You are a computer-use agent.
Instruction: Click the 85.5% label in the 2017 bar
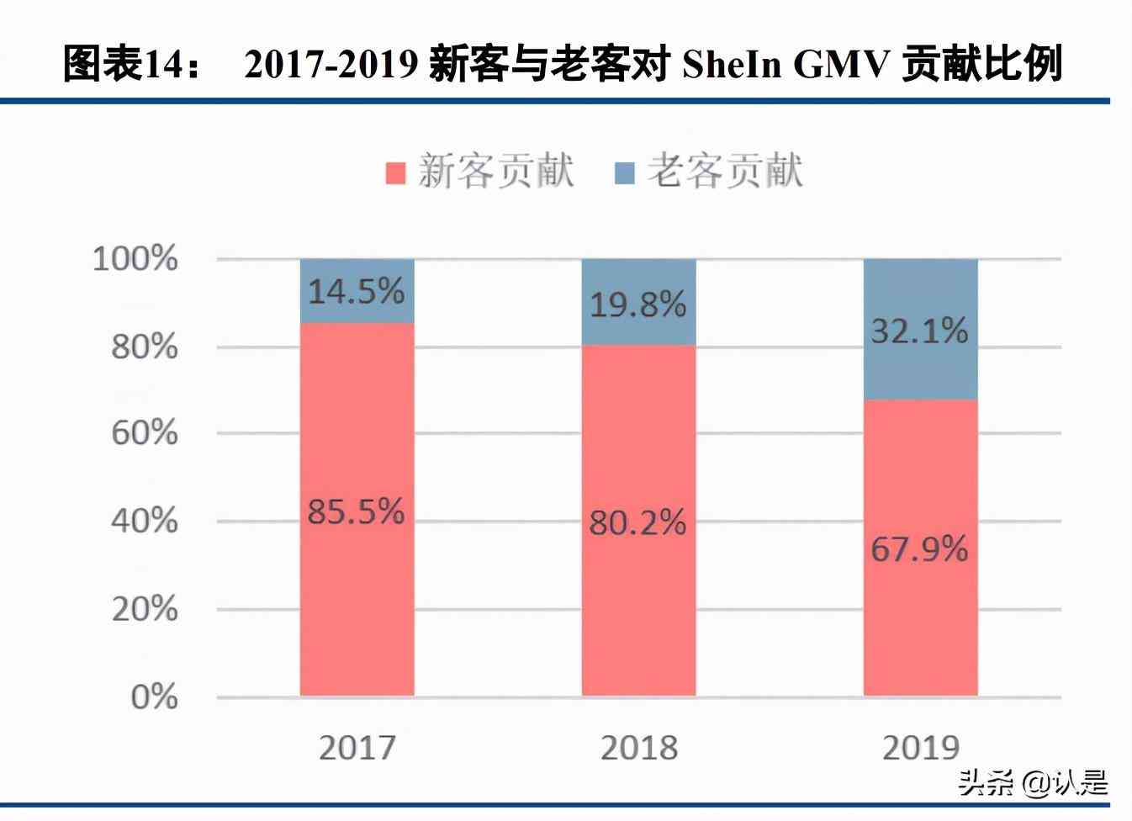click(356, 511)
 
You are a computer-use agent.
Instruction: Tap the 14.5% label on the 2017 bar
click(356, 292)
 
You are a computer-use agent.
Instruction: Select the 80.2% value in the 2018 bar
click(637, 523)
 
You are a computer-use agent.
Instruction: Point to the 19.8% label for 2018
click(637, 304)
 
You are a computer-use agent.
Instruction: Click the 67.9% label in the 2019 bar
click(919, 549)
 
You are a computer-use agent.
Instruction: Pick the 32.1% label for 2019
click(919, 331)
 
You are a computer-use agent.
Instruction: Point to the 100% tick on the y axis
click(135, 258)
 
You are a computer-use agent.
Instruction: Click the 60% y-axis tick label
click(145, 433)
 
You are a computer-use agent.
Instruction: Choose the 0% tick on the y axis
click(154, 697)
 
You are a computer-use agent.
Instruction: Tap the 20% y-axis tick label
click(145, 609)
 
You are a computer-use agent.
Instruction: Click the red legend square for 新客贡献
click(396, 172)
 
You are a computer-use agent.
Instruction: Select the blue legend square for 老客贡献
click(625, 172)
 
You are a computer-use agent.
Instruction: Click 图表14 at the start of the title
click(126, 65)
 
